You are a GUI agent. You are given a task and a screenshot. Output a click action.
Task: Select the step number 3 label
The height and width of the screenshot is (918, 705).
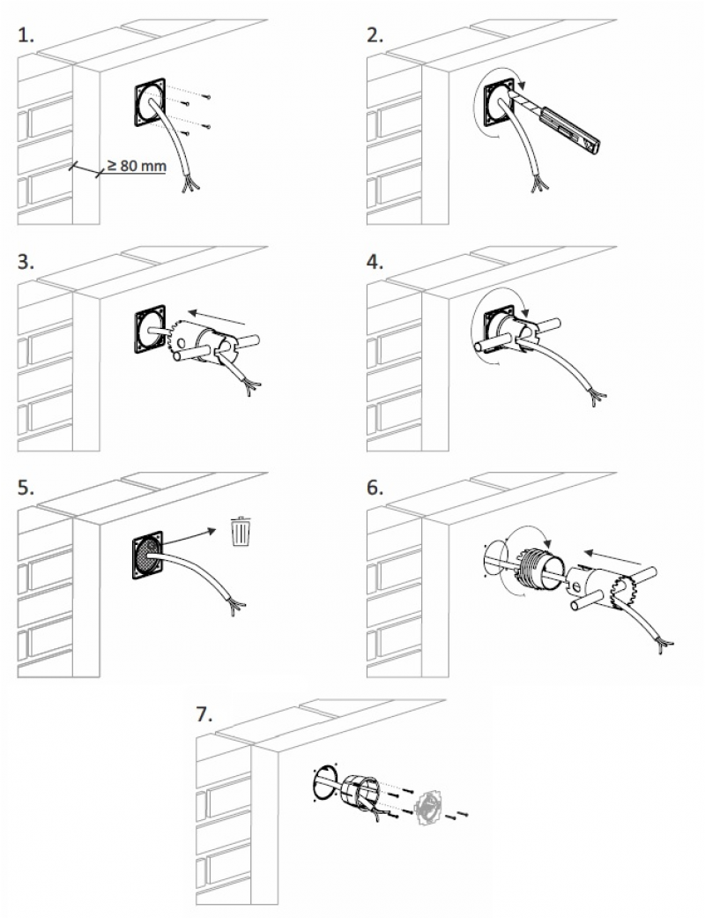click(x=26, y=262)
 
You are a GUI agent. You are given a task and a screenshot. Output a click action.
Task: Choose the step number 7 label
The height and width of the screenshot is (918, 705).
click(x=204, y=713)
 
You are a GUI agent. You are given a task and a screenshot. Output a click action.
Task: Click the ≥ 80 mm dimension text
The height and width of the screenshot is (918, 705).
click(x=137, y=164)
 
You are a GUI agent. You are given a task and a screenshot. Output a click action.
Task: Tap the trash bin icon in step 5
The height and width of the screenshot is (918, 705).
click(x=241, y=531)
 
